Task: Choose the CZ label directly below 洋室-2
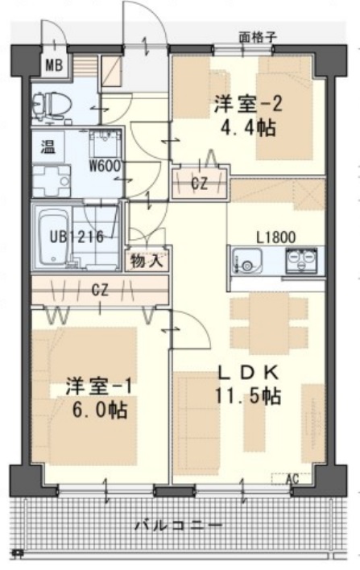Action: [x=199, y=183]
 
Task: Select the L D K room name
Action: [x=246, y=372]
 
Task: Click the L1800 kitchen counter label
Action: [x=274, y=237]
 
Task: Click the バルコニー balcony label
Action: [x=179, y=525]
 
